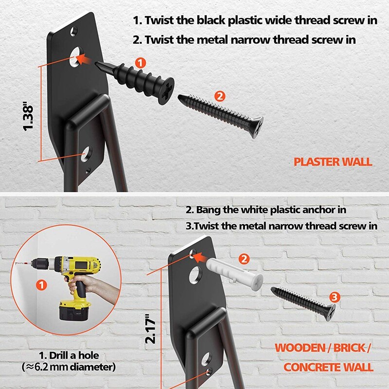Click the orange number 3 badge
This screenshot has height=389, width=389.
(x=334, y=296)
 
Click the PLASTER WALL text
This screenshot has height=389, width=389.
(x=333, y=162)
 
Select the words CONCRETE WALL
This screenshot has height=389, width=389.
(x=328, y=367)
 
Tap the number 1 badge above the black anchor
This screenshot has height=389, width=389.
(x=140, y=62)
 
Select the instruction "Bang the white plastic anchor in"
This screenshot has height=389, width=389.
(x=278, y=210)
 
